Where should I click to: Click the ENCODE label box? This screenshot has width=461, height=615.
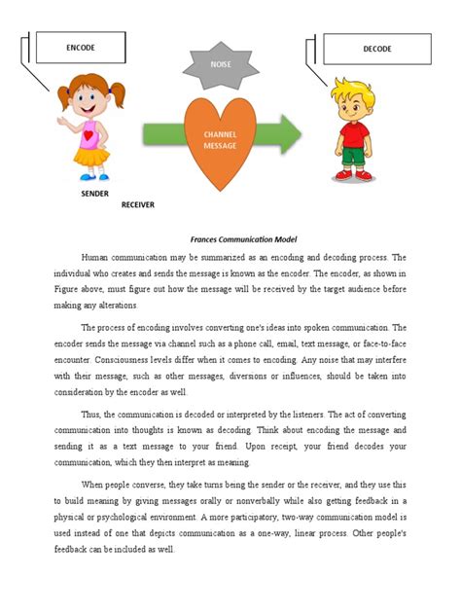[x=81, y=47]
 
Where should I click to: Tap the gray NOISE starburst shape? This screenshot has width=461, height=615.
[x=220, y=64]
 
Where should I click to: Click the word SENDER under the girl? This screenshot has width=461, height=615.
[x=94, y=194]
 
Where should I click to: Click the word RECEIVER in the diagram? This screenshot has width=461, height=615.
[x=138, y=205]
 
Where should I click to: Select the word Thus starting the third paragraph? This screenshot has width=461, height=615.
[x=93, y=416]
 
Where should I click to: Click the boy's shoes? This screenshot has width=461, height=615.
[x=354, y=176]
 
